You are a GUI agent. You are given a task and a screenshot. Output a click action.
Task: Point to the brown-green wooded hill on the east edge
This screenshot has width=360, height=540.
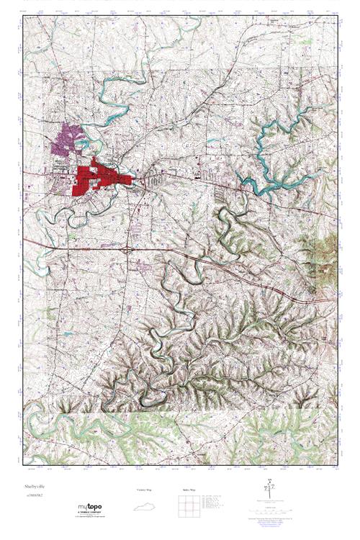click(328, 248)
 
